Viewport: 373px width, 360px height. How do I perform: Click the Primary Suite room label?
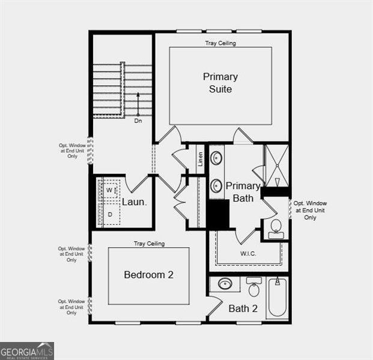click(220, 83)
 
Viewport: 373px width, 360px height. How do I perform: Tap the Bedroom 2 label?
click(148, 275)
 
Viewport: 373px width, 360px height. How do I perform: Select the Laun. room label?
click(135, 202)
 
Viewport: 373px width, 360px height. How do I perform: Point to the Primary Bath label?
click(243, 191)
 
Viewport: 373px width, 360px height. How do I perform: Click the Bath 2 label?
click(243, 309)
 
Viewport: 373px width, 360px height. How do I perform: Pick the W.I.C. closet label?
click(248, 253)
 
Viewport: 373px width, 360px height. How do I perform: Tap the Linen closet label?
click(201, 159)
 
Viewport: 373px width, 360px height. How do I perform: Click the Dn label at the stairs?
click(138, 121)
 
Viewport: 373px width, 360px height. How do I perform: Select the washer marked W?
click(109, 191)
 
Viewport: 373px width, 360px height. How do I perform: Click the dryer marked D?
click(109, 214)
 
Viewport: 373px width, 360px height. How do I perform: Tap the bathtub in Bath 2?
click(278, 298)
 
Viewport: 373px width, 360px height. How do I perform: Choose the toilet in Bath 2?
click(254, 288)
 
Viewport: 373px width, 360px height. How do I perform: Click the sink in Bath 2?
click(225, 283)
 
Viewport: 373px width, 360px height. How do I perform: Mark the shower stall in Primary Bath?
click(277, 165)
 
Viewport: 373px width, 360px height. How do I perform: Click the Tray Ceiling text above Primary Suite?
click(221, 43)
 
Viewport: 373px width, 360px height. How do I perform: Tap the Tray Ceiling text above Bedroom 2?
click(149, 244)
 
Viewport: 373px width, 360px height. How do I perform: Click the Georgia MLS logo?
click(27, 350)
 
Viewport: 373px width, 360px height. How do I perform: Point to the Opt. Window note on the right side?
click(311, 211)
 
